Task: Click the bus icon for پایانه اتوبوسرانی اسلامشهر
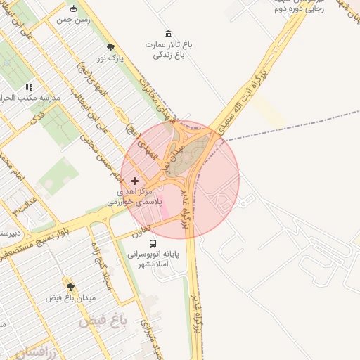(x=153, y=244)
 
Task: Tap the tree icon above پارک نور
(x=111, y=47)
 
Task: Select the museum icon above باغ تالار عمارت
(x=167, y=34)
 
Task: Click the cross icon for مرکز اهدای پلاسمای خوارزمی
(x=135, y=181)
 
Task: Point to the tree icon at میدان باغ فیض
(x=70, y=287)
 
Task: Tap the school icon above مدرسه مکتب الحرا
(x=29, y=87)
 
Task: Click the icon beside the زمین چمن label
(x=75, y=9)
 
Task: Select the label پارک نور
(x=111, y=58)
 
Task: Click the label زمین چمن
(x=74, y=20)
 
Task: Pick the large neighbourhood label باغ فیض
(x=103, y=321)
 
